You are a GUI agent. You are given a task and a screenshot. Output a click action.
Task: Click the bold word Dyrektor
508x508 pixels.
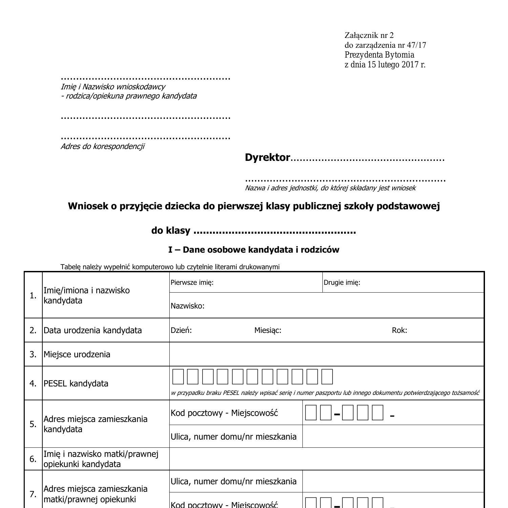[x=267, y=157]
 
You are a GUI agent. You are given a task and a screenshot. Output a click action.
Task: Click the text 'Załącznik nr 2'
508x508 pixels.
[x=369, y=35]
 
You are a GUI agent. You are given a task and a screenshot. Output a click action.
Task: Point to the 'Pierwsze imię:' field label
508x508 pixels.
[x=192, y=282]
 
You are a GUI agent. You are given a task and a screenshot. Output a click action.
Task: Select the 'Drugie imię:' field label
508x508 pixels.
[x=342, y=282]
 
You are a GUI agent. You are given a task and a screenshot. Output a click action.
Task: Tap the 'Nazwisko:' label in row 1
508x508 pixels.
[x=187, y=306]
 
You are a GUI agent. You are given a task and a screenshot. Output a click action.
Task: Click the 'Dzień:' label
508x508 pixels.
[x=181, y=330]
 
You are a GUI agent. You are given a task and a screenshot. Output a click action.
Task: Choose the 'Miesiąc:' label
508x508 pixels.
[x=268, y=330]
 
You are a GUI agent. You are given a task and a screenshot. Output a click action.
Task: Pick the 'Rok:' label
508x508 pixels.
[x=399, y=330]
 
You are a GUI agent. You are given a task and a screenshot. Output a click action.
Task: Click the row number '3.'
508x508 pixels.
[x=33, y=354]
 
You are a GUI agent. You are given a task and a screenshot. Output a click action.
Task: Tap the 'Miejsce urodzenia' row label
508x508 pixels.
[x=77, y=354]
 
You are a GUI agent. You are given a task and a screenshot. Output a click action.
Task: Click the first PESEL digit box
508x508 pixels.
[x=178, y=377]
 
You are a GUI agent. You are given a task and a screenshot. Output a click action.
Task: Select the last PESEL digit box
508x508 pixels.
[x=327, y=377]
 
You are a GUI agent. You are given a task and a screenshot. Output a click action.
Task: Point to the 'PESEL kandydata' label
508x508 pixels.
[x=76, y=383]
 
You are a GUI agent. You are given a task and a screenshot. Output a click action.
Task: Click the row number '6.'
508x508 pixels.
[x=33, y=459]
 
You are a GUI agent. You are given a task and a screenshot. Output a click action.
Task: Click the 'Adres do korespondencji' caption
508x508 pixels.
[x=102, y=146]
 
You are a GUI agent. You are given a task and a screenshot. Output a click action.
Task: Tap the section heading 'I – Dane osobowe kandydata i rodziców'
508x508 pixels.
[x=254, y=250]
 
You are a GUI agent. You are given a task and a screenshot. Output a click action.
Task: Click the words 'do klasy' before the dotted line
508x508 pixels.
[x=171, y=230]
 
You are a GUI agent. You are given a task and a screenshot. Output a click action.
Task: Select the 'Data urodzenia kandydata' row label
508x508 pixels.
[x=92, y=330]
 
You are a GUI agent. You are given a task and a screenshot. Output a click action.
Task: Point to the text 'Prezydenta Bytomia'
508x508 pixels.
[x=379, y=55]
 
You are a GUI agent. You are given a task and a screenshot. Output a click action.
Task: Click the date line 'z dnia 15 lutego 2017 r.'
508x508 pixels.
[x=385, y=64]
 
